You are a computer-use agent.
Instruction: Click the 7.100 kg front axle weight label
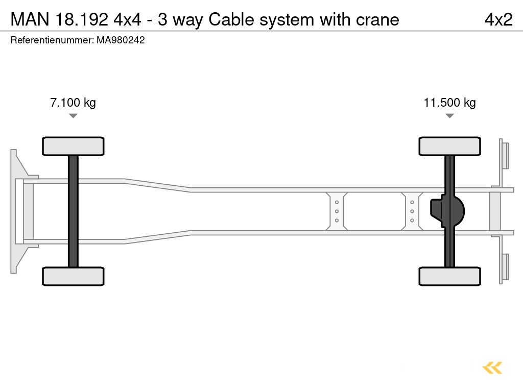[x=73, y=103]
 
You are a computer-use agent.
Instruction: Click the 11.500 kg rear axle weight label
[x=449, y=103]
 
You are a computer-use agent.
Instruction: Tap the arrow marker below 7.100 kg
[x=73, y=116]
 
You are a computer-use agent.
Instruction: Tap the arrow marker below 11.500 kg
[x=449, y=116]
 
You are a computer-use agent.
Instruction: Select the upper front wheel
[x=73, y=146]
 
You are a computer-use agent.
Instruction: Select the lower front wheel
[x=73, y=276]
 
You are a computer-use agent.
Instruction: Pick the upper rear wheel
[x=449, y=146]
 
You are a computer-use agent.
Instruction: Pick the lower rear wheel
[x=449, y=276]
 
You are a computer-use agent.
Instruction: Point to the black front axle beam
[x=73, y=211]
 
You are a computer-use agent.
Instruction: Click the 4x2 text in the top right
[x=498, y=19]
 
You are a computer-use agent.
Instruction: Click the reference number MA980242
[x=121, y=40]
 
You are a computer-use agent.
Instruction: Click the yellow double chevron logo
[x=492, y=367]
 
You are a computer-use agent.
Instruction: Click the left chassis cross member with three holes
[x=337, y=211]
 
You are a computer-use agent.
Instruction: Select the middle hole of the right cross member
[x=412, y=211]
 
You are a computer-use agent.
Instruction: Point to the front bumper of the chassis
[x=18, y=211]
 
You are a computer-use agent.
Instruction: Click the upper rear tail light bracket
[x=504, y=155]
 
